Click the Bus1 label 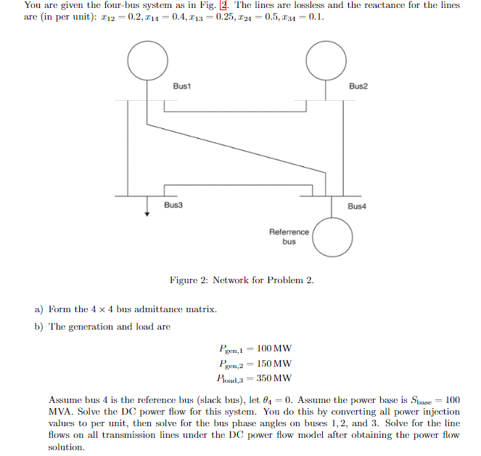pos(181,86)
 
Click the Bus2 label pos(358,86)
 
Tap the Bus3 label pos(173,205)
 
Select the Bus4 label pos(357,206)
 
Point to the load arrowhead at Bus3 pos(147,213)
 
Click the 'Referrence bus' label pos(289,237)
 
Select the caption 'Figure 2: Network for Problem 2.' pos(242,280)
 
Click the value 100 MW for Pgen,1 pos(279,349)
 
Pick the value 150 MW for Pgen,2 pos(279,363)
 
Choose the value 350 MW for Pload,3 pos(279,378)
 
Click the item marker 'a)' pos(40,309)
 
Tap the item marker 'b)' pos(40,327)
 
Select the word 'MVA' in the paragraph pos(59,412)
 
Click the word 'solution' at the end pos(67,447)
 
